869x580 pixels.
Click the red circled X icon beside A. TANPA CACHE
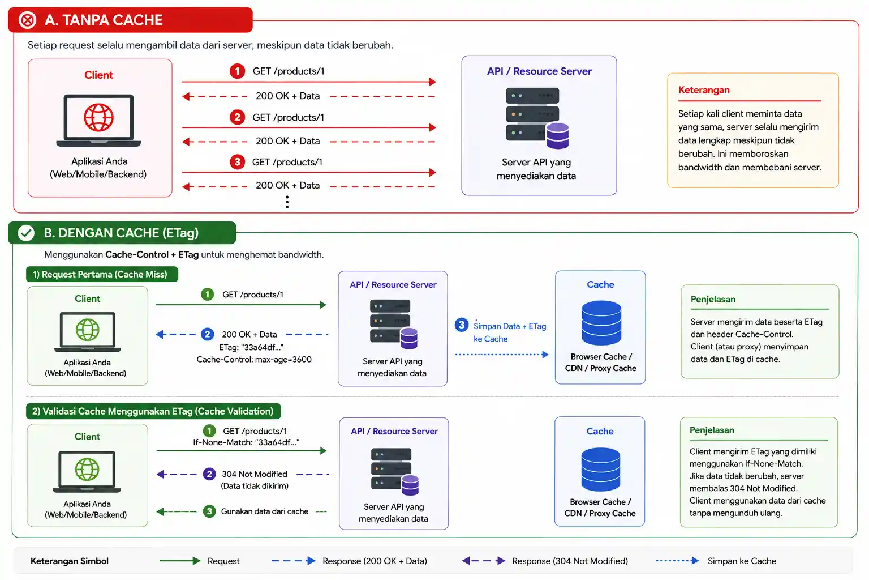pos(28,20)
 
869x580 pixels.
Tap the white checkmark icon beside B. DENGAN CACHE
pos(26,233)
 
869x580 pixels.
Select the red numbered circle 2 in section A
pos(237,117)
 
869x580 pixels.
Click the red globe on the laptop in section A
pos(98,117)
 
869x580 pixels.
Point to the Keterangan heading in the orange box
pos(704,90)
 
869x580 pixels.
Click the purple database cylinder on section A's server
pos(557,135)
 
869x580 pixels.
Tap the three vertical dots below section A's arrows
pos(287,202)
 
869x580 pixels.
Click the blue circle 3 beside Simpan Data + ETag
pos(461,325)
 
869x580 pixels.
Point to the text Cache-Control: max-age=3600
pos(253,359)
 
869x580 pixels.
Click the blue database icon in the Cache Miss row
pos(601,323)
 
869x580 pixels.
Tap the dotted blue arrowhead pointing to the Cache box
pos(545,355)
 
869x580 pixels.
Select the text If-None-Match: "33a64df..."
pos(246,442)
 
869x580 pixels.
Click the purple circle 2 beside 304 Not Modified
pos(209,474)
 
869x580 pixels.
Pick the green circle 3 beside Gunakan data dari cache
pos(209,511)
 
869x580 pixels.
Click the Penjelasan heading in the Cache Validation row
pos(712,430)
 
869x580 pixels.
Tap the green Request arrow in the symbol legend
pos(179,561)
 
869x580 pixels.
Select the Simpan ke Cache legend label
pos(742,561)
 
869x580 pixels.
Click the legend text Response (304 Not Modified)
pos(570,561)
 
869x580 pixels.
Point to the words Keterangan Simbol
pos(70,561)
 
